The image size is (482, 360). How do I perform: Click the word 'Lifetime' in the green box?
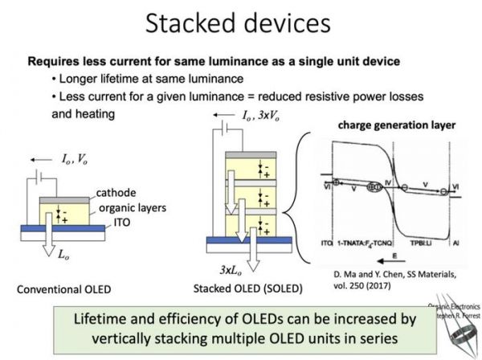pyautogui.click(x=126, y=319)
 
